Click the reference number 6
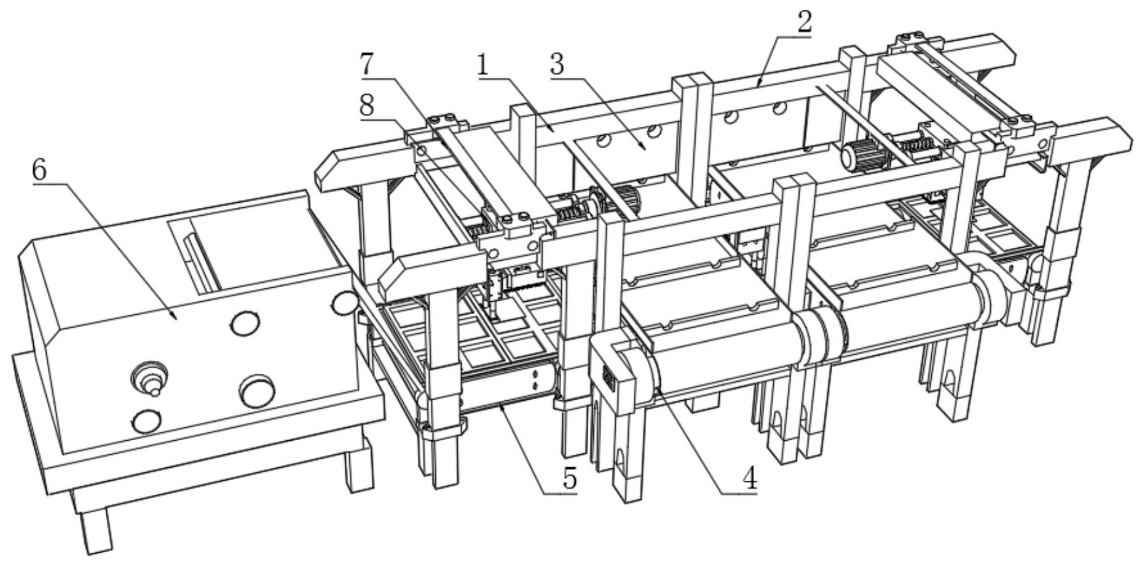[x=39, y=171]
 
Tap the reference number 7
[x=367, y=65]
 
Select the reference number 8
[x=367, y=106]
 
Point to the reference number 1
[x=484, y=65]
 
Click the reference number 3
[x=557, y=65]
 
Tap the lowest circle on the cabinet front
[x=147, y=421]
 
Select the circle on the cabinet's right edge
[x=344, y=302]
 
